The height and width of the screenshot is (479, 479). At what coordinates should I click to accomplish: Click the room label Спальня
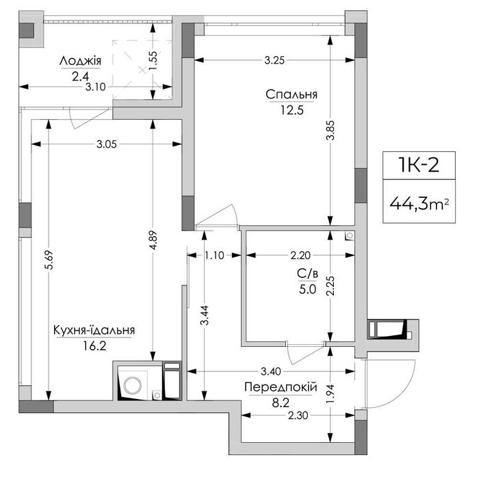(292, 94)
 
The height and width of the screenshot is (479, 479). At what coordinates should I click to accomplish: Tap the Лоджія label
(80, 61)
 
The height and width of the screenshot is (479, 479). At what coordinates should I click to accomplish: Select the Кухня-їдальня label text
(94, 331)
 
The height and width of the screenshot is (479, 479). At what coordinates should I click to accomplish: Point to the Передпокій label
(281, 387)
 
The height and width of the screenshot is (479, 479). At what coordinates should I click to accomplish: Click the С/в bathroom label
(307, 274)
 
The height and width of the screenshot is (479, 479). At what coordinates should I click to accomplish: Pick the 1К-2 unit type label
(419, 166)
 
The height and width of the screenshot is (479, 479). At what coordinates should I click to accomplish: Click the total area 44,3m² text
(419, 203)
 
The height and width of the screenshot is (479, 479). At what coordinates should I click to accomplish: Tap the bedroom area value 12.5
(292, 110)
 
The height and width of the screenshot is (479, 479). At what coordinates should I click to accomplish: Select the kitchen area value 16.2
(94, 346)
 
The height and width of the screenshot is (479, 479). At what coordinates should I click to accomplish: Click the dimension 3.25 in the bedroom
(274, 60)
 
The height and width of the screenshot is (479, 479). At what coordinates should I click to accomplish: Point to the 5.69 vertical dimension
(49, 259)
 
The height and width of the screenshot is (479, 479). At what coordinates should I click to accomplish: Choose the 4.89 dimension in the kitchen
(153, 239)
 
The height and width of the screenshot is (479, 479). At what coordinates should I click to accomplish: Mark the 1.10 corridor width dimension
(214, 255)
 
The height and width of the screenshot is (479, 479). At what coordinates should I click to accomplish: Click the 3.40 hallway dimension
(271, 372)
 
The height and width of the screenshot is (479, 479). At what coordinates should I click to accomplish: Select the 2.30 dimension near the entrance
(298, 415)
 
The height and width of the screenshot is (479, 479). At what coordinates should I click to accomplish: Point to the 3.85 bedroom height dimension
(331, 131)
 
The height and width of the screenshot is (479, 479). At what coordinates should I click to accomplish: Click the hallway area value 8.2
(281, 403)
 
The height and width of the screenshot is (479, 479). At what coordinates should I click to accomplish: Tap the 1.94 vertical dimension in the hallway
(331, 393)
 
